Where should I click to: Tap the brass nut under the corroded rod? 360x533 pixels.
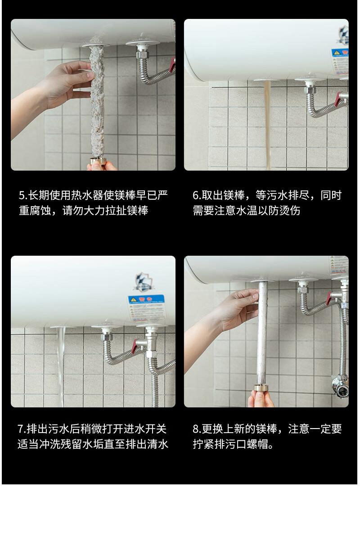[98, 161]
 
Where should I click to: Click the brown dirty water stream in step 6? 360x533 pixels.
[268, 122]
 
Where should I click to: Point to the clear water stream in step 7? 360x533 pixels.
[61, 365]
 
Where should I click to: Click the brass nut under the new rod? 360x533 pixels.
[261, 388]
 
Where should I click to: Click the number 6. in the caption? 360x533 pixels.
[197, 195]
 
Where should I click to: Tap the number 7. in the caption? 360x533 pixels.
[22, 429]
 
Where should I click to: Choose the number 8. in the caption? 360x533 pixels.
[197, 429]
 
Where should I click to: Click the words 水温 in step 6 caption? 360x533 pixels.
[245, 211]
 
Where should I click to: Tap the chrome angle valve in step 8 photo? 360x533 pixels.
[340, 385]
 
